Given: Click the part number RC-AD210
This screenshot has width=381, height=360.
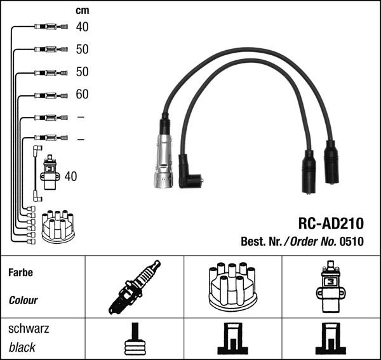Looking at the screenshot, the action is [331, 223].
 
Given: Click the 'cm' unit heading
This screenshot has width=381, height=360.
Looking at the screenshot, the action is [83, 10].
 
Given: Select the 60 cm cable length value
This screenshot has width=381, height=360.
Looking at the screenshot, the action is [82, 94].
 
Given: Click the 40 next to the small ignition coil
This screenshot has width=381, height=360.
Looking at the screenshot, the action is [70, 177].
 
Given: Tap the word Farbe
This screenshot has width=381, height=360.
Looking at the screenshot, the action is [21, 272].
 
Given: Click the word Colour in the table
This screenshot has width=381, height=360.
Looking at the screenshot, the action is [23, 300].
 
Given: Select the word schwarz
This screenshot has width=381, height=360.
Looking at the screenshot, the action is [29, 329].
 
